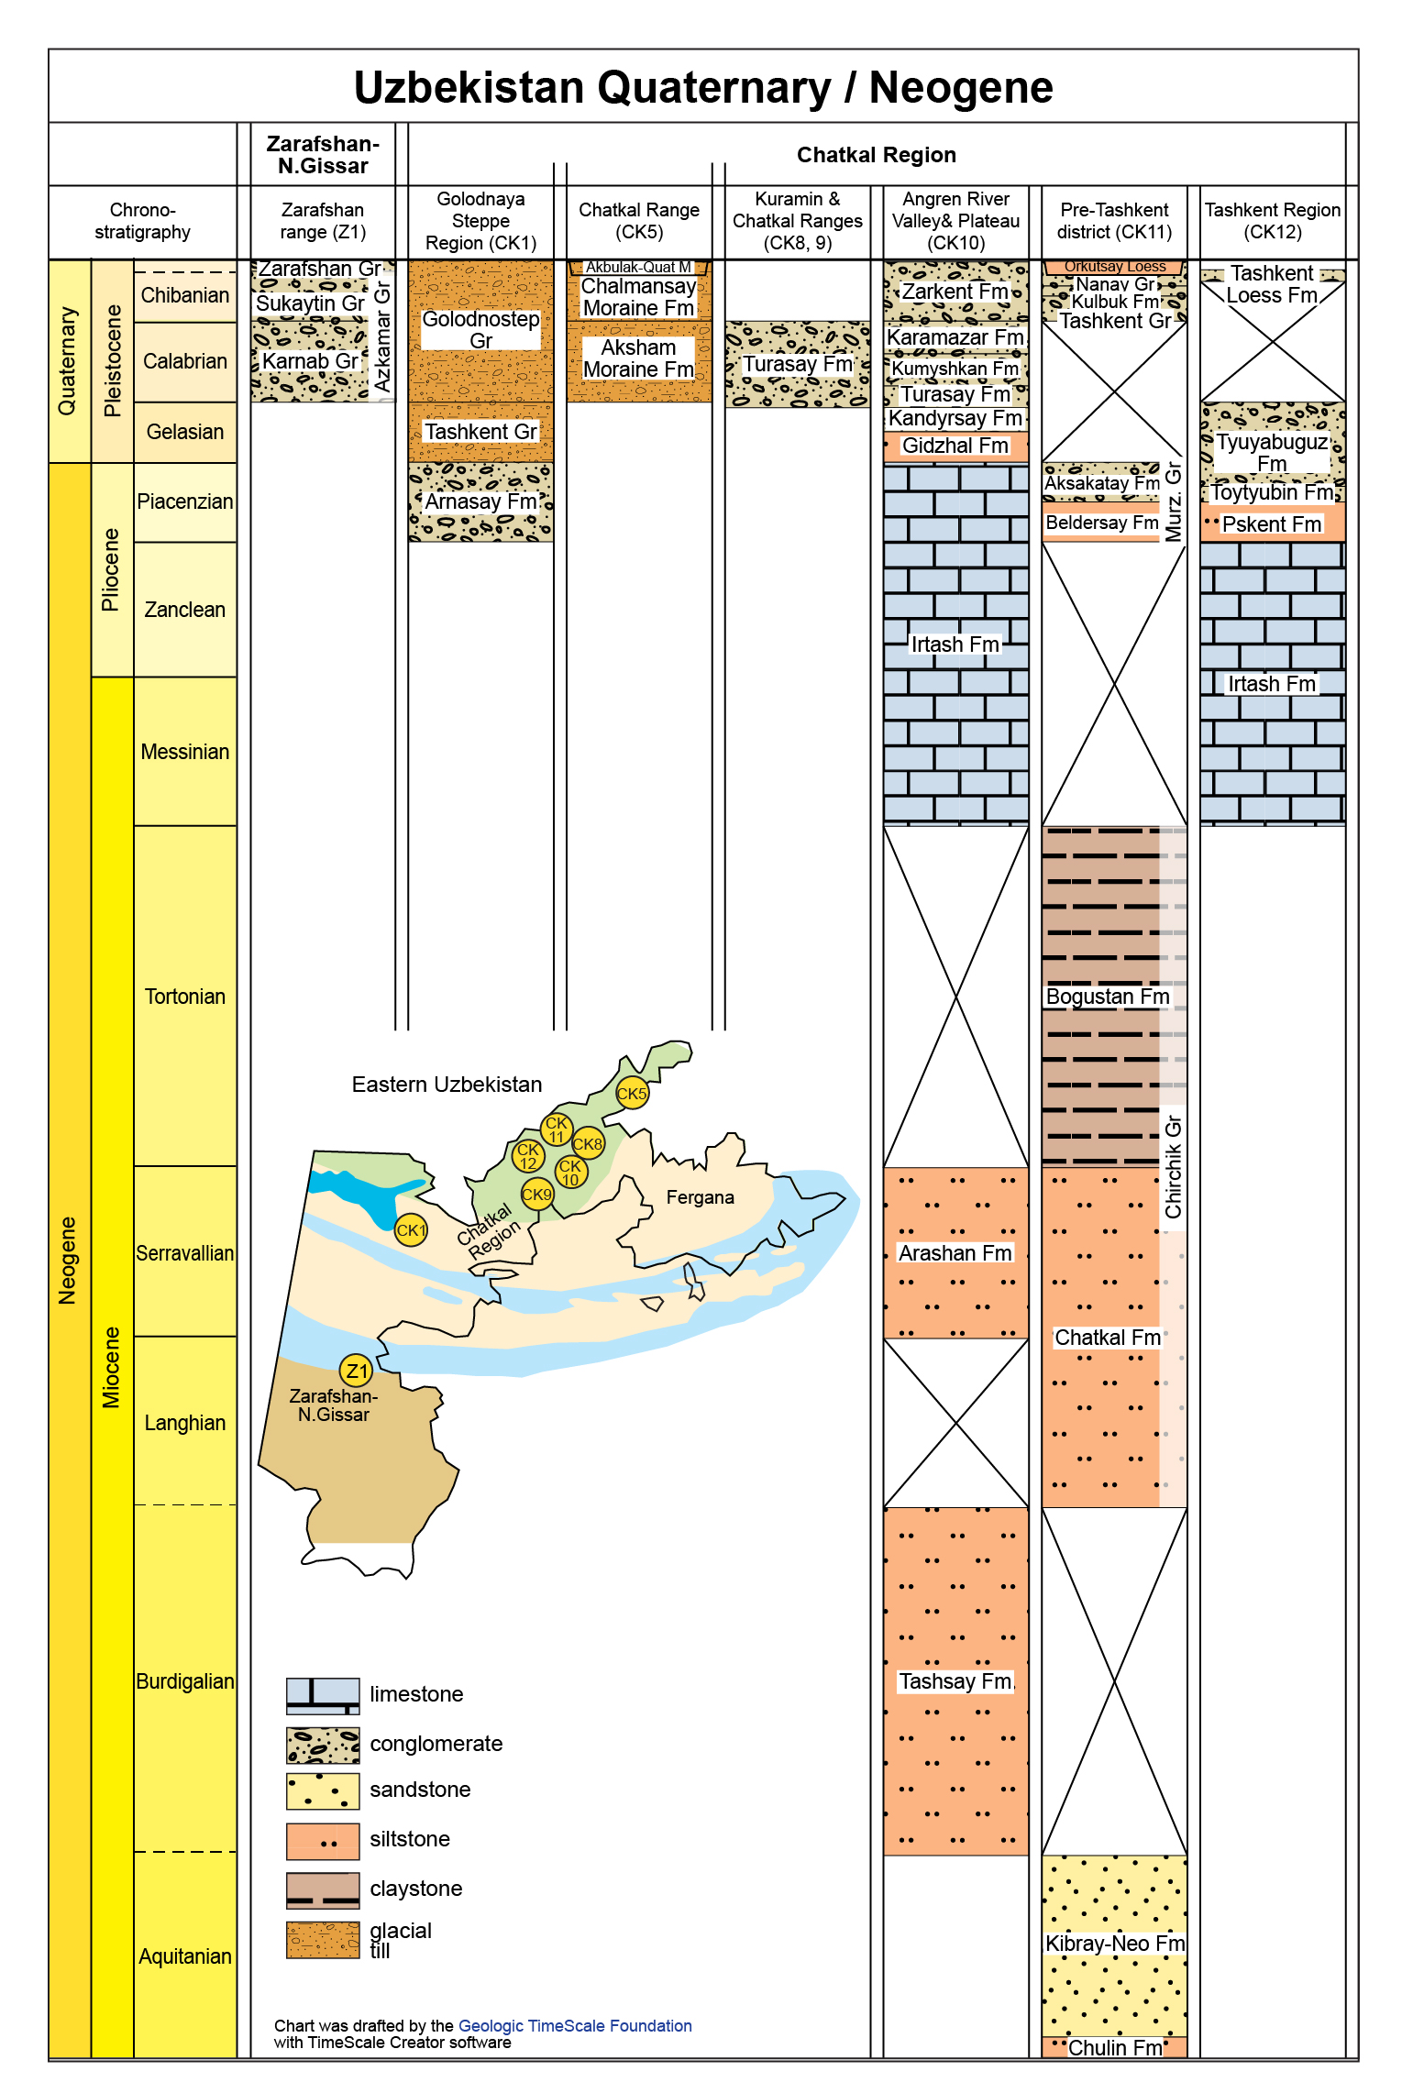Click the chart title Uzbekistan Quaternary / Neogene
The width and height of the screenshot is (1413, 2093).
click(703, 88)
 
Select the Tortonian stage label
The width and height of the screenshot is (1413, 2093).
click(185, 997)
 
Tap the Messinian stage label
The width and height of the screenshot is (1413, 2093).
click(185, 752)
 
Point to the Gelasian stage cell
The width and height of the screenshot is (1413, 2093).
click(185, 432)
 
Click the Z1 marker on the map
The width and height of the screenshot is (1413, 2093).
click(356, 1371)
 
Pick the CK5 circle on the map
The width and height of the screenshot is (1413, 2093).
click(632, 1093)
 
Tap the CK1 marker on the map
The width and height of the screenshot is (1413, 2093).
click(411, 1229)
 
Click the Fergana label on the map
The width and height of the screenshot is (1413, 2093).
click(700, 1197)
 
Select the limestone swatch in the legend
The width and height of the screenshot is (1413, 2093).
click(323, 1695)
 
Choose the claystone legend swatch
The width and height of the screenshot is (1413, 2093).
click(323, 1889)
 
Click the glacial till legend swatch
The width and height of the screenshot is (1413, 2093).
click(323, 1939)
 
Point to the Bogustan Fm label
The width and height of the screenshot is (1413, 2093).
click(1108, 997)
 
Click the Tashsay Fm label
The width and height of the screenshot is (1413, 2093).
click(955, 1681)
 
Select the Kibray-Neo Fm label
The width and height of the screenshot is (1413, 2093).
click(1115, 1944)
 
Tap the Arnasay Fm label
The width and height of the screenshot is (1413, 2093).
click(480, 501)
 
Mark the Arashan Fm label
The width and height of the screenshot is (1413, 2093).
click(955, 1253)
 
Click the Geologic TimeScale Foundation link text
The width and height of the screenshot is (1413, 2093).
click(575, 2025)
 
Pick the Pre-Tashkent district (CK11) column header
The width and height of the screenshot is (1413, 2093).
click(1114, 221)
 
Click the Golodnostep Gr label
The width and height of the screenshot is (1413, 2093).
click(480, 330)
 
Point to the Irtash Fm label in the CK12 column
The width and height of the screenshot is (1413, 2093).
click(1272, 684)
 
